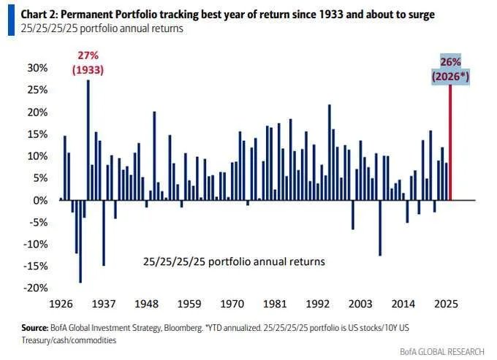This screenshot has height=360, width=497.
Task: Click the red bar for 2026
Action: [449, 142]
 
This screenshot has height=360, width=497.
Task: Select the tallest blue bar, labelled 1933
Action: [88, 139]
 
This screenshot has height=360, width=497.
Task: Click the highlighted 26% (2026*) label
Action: [450, 70]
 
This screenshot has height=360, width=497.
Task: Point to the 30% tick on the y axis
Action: [37, 67]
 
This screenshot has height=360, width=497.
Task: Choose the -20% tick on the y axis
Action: [36, 288]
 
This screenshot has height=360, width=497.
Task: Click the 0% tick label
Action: [40, 200]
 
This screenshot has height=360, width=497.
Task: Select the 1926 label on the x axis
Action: [59, 302]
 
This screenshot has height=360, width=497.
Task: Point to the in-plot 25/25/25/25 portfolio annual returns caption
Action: [235, 261]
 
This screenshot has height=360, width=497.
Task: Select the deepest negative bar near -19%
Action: [80, 241]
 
